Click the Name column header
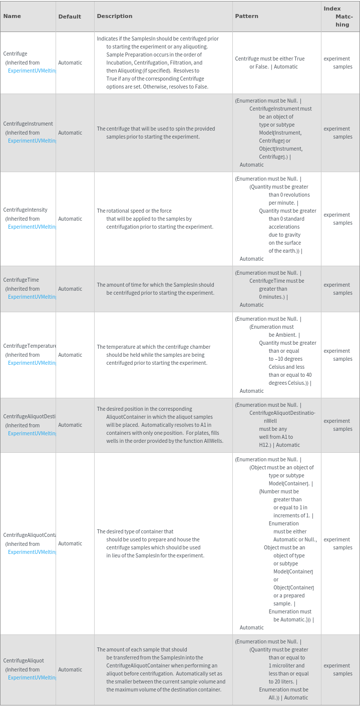pyautogui.click(x=12, y=16)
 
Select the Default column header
pyautogui.click(x=70, y=17)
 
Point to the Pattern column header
pyautogui.click(x=247, y=16)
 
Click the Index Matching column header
pyautogui.click(x=339, y=17)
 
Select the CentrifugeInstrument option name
pyautogui.click(x=28, y=124)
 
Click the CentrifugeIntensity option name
pyautogui.click(x=26, y=210)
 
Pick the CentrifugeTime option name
pyautogui.click(x=21, y=280)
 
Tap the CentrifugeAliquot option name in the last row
pyautogui.click(x=24, y=660)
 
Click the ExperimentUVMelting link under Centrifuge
pyautogui.click(x=32, y=71)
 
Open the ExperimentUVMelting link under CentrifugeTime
pyautogui.click(x=32, y=297)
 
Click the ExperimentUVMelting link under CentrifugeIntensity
pyautogui.click(x=32, y=227)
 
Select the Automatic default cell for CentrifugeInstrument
pyautogui.click(x=70, y=133)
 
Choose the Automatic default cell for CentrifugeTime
pyautogui.click(x=70, y=289)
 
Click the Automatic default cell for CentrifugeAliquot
pyautogui.click(x=70, y=669)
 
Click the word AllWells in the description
pyautogui.click(x=213, y=441)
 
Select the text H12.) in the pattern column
pyautogui.click(x=265, y=445)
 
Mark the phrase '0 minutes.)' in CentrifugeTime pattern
pyautogui.click(x=272, y=297)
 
